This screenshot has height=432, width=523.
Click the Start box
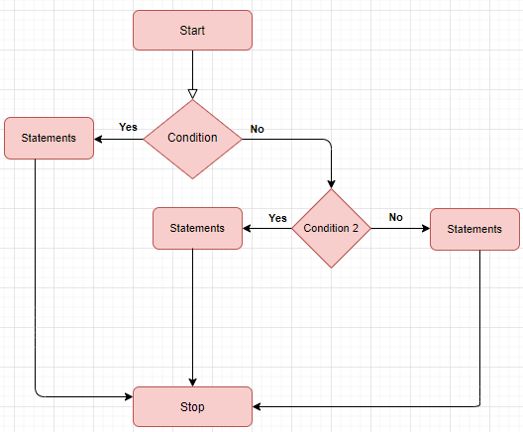point(192,30)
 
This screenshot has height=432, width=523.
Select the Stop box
point(192,406)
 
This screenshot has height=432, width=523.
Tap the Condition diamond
point(192,138)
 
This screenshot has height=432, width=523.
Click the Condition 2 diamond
point(331,229)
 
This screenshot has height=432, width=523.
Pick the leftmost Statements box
point(49,138)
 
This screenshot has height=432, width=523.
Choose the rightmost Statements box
point(474,229)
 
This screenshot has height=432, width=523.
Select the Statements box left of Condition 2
point(197,228)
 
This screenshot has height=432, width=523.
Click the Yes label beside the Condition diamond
point(128,127)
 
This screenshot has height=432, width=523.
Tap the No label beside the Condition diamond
point(258,129)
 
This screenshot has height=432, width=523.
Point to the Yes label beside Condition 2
point(277,218)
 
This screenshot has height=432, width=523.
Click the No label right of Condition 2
point(396,217)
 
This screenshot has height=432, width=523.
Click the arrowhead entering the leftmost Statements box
point(100,138)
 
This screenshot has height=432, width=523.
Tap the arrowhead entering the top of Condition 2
point(331,183)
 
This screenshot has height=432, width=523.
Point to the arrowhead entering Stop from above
point(192,380)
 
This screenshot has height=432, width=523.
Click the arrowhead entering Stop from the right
point(258,406)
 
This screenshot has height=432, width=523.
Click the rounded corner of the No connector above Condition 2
point(328,142)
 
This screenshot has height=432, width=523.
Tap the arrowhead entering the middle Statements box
point(248,229)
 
